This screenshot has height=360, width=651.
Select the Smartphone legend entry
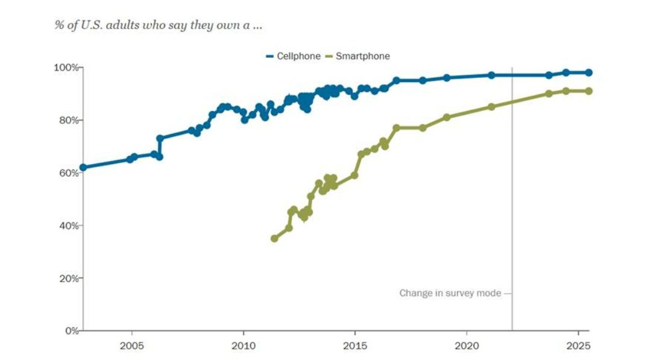coord(357,56)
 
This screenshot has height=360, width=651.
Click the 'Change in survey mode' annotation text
coord(450,293)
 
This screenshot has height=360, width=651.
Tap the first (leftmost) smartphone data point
coord(274,238)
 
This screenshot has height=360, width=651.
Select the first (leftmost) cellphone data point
coord(83,167)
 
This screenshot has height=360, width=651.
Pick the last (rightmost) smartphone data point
coord(589,91)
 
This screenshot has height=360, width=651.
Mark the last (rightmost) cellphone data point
coord(589,72)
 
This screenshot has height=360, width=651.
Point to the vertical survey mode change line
coord(512,199)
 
